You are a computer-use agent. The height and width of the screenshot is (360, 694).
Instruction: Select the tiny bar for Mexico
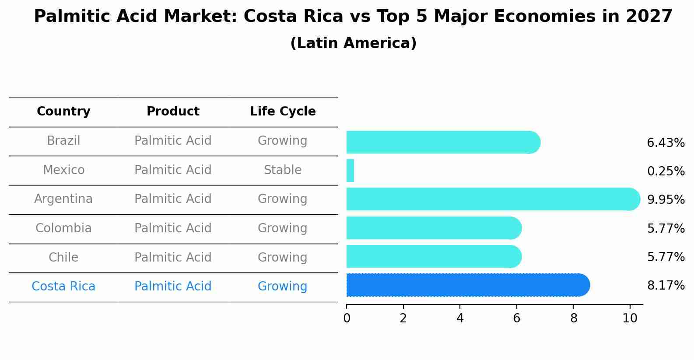coord(350,171)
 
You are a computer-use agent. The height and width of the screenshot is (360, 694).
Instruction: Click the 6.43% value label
coord(666,143)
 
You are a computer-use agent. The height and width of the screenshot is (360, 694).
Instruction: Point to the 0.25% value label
coord(666,171)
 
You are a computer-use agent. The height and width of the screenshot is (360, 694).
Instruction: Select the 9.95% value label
coord(666,200)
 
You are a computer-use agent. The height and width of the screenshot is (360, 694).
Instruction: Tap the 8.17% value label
coord(666,286)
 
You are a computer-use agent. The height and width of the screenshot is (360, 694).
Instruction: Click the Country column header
coord(63,112)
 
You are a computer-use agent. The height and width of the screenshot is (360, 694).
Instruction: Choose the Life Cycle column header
coord(283,112)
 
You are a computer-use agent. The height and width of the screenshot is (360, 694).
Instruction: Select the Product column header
coord(173,112)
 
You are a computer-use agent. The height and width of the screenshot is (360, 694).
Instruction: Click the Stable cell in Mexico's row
coord(283,170)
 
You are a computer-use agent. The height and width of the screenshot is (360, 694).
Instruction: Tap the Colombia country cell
coord(63,228)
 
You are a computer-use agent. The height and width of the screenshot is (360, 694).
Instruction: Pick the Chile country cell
coord(63,257)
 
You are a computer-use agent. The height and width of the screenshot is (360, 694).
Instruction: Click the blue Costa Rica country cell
coord(63,287)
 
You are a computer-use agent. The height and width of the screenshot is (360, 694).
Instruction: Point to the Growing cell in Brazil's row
coord(283,141)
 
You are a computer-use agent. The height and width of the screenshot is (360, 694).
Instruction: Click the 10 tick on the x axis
coord(630,318)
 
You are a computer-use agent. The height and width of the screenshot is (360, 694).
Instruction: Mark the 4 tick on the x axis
coord(460,318)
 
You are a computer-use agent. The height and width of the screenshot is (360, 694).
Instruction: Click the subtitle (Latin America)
coord(353,43)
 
